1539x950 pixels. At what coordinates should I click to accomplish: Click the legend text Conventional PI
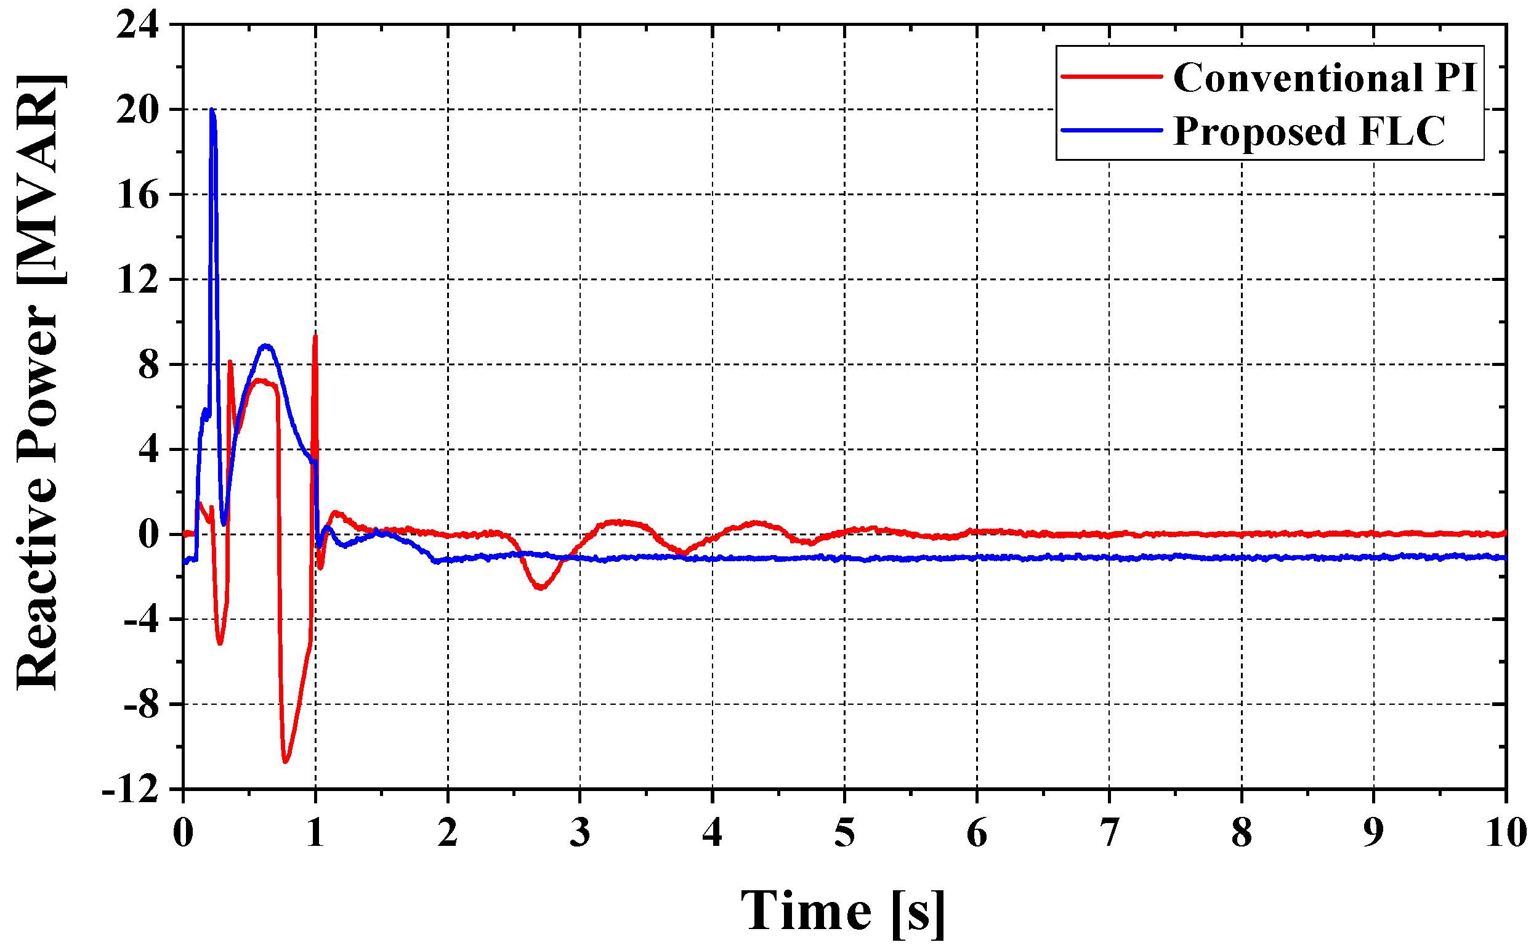point(1325,78)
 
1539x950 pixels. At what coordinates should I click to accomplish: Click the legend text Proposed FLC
point(1309,131)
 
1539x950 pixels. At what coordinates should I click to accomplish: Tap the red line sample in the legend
point(1112,76)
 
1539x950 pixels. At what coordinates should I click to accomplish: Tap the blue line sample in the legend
point(1112,130)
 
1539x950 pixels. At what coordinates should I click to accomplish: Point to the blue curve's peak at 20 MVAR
point(212,110)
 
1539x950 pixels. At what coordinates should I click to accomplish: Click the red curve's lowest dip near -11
point(286,761)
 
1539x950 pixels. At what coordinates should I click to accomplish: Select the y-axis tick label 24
point(137,26)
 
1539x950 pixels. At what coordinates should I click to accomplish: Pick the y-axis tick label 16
point(137,195)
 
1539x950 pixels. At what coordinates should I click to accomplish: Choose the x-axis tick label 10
point(1506,833)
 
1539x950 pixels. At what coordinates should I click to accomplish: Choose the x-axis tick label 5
point(844,833)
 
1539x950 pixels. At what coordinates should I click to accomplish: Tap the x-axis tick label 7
point(1110,833)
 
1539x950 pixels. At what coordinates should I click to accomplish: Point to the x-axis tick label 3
point(580,833)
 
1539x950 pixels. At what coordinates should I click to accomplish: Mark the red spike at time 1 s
point(315,337)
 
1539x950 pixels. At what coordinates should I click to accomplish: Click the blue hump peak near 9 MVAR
point(266,346)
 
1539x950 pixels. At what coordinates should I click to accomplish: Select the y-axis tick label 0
point(149,535)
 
